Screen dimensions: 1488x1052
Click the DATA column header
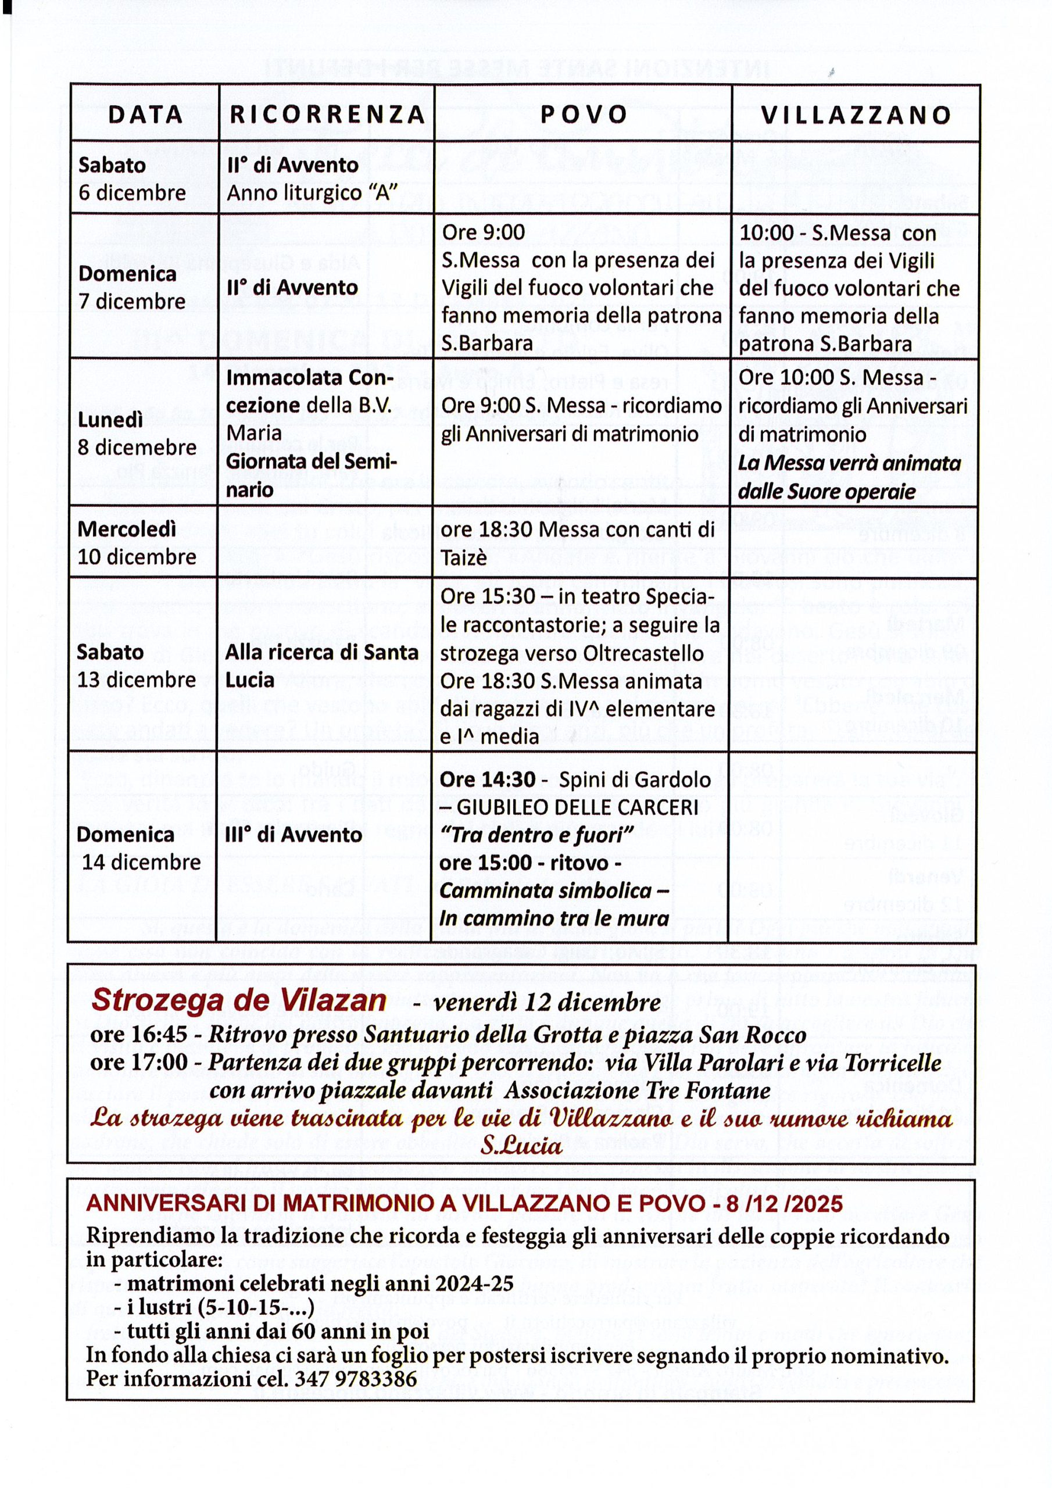[145, 115]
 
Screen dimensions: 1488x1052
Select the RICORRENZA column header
[327, 115]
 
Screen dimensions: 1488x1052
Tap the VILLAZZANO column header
[856, 115]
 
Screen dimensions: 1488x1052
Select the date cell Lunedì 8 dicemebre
[137, 434]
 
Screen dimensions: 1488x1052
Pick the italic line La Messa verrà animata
[850, 463]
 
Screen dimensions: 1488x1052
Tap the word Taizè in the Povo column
[463, 557]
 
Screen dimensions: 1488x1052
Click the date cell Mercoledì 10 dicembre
[136, 543]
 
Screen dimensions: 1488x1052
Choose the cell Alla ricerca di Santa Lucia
[321, 666]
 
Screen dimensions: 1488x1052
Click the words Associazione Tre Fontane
[636, 1090]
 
